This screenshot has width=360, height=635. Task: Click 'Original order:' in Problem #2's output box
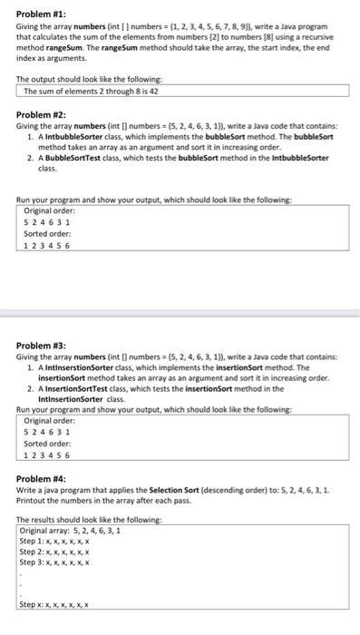(49, 210)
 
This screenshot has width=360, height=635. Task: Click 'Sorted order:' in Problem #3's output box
(47, 444)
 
